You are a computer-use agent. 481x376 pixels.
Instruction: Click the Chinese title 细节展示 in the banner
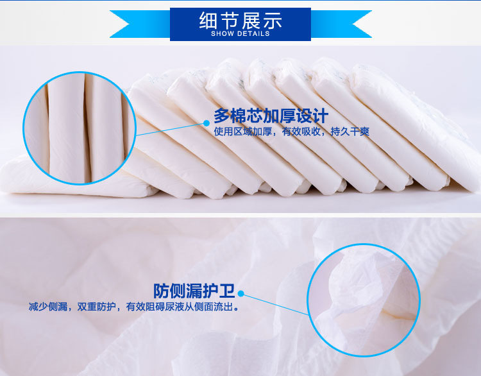(x=240, y=21)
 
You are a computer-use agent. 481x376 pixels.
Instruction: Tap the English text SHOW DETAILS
(x=240, y=34)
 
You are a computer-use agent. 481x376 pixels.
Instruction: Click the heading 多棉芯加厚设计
(x=271, y=115)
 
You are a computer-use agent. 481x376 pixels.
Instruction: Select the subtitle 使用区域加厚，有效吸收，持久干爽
(x=291, y=132)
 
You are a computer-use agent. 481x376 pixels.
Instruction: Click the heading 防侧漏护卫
(x=194, y=291)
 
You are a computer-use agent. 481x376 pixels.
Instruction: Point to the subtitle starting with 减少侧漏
(x=134, y=306)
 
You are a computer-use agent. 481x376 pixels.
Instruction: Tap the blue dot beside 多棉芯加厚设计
(x=207, y=123)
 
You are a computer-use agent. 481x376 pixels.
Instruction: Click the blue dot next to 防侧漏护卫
(x=240, y=294)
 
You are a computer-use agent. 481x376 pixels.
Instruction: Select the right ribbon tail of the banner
(x=341, y=24)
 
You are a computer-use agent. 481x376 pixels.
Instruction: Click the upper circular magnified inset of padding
(x=80, y=128)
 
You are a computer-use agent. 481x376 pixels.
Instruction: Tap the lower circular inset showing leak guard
(x=364, y=300)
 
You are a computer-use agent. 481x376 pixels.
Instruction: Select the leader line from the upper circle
(x=170, y=129)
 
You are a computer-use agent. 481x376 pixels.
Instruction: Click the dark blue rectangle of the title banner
(x=240, y=24)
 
